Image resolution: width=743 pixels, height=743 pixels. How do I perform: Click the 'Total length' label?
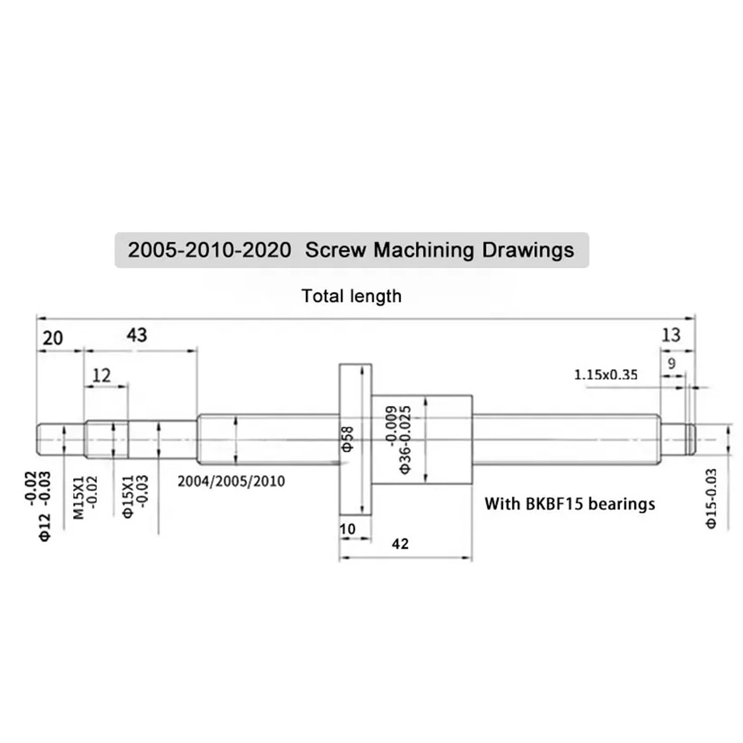(x=352, y=296)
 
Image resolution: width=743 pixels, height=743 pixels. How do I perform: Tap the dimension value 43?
(x=137, y=335)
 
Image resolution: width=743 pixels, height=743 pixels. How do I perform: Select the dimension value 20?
(x=52, y=338)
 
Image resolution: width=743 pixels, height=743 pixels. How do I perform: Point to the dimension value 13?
(x=671, y=335)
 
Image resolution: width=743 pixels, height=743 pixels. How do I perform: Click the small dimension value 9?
(x=671, y=364)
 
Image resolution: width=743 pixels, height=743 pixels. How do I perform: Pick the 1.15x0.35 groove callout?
(x=606, y=374)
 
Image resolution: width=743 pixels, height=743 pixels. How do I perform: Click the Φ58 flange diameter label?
(x=348, y=439)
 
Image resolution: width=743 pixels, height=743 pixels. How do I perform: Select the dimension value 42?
(x=400, y=543)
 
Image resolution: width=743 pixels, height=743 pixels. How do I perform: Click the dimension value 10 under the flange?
(x=347, y=529)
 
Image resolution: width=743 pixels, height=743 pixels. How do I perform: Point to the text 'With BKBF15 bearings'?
(x=570, y=504)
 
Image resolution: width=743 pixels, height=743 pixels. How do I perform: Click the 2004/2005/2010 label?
(x=231, y=481)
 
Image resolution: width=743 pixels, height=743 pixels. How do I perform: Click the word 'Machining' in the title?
(x=424, y=250)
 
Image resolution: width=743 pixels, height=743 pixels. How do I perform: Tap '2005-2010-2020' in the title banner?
(x=209, y=250)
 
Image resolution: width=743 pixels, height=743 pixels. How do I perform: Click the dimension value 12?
(x=102, y=375)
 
